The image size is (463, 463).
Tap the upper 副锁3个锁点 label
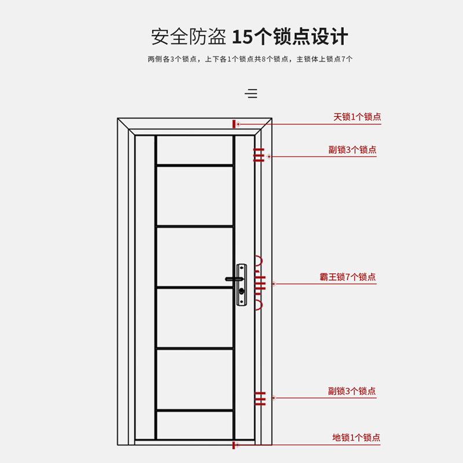tap(352, 150)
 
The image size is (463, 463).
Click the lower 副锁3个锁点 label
tap(352, 392)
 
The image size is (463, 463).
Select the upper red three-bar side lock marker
tap(259, 155)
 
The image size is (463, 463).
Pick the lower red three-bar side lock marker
tap(259, 398)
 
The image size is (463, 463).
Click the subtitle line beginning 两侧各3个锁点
tap(250, 59)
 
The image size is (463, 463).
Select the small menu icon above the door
tap(251, 94)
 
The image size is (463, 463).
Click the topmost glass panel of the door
tap(194, 150)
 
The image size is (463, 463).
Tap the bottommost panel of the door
tap(194, 425)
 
